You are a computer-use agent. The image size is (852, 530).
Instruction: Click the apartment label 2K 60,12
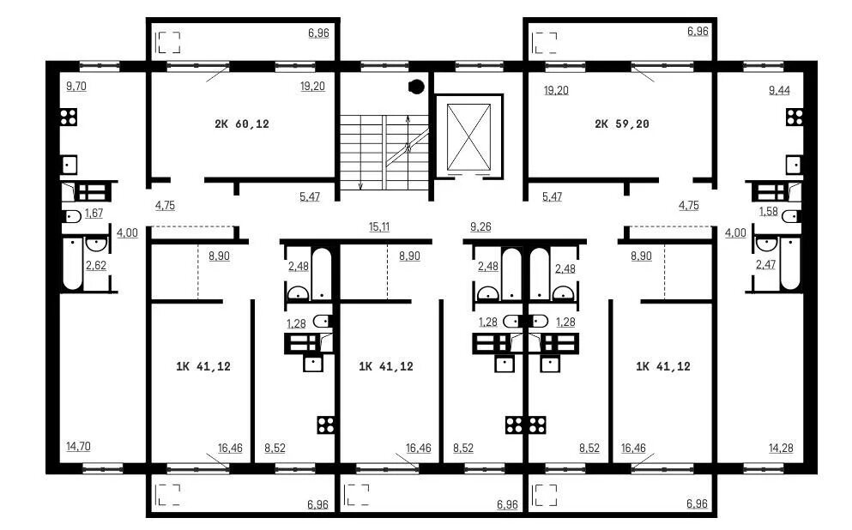coord(242,123)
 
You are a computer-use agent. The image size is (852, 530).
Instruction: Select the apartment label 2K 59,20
coord(621,123)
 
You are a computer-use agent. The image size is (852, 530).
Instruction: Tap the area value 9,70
coord(76,86)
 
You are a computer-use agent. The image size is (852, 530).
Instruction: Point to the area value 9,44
coord(779,90)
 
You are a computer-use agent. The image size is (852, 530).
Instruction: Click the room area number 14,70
coord(78,446)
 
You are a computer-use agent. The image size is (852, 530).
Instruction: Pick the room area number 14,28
coord(781,448)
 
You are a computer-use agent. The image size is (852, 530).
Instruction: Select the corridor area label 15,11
coord(379,226)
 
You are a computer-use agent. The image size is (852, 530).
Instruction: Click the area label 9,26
coord(480,226)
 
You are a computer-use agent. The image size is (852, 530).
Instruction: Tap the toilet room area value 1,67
coord(94,213)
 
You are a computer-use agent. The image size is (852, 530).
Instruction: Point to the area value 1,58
coord(768,211)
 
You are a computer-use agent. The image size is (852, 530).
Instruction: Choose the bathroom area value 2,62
coord(96,265)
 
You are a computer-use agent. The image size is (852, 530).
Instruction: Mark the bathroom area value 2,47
coord(765,264)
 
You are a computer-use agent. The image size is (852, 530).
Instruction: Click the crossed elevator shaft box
coord(468,137)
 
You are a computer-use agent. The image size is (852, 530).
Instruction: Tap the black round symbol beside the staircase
coord(416,87)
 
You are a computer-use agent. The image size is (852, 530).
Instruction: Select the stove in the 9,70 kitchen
coord(69,117)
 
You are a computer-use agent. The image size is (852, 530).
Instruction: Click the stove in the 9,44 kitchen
coord(795,117)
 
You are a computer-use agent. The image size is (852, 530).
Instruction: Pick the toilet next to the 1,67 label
coord(71,216)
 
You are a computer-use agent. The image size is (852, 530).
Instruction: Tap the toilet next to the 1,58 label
coord(791,217)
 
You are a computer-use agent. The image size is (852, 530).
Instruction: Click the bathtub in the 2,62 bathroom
coord(72,262)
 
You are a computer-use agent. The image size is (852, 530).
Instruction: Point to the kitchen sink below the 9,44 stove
coord(794,165)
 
